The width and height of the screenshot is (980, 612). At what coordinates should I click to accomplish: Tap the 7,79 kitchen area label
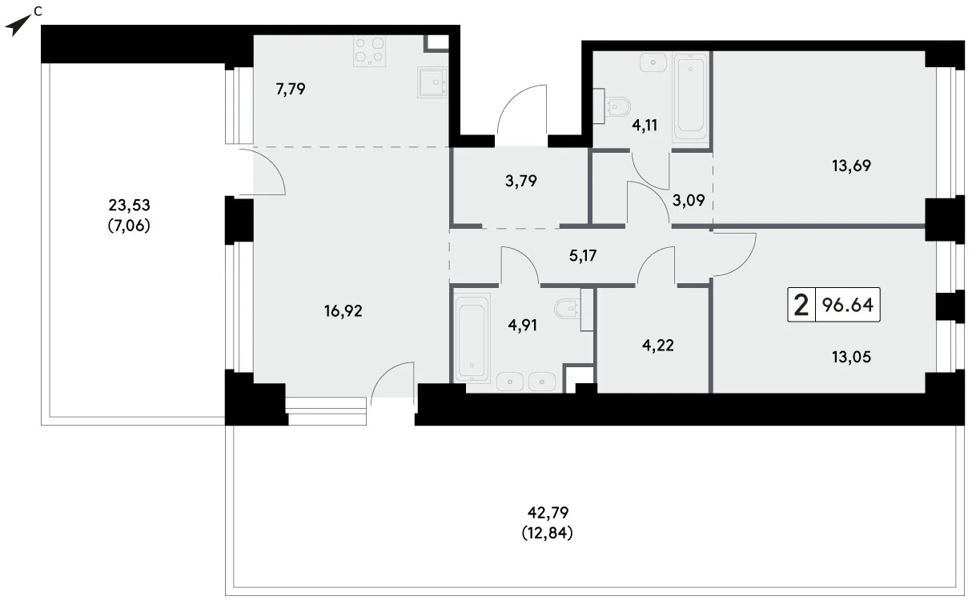(x=291, y=89)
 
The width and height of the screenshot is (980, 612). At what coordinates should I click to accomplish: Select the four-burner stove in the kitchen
(x=370, y=50)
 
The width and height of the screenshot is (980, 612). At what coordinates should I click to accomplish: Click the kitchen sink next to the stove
(x=432, y=82)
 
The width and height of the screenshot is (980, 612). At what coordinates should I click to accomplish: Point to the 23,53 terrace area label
(x=129, y=205)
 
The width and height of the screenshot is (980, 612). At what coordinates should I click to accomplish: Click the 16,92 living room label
(x=343, y=311)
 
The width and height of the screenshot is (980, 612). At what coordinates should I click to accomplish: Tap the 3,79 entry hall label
(x=521, y=181)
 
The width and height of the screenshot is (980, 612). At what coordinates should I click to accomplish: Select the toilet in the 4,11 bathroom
(x=615, y=106)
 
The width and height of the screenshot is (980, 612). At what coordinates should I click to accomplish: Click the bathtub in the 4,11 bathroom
(x=691, y=97)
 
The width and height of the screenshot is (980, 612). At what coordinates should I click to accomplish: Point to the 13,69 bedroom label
(x=851, y=166)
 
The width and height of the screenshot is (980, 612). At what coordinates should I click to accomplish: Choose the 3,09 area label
(x=689, y=201)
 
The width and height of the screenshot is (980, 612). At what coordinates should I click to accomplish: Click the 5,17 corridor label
(x=583, y=256)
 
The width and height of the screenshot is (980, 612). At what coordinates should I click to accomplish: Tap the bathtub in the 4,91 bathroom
(x=472, y=338)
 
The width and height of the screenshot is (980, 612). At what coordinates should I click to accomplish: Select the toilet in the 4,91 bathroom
(x=571, y=310)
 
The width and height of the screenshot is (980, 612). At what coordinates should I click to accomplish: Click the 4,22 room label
(x=658, y=346)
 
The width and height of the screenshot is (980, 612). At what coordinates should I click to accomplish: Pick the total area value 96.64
(x=848, y=305)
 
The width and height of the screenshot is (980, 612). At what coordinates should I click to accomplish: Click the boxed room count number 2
(x=801, y=305)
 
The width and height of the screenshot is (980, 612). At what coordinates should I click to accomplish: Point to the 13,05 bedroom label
(x=851, y=357)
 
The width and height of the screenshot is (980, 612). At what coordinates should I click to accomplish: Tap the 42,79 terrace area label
(x=548, y=512)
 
